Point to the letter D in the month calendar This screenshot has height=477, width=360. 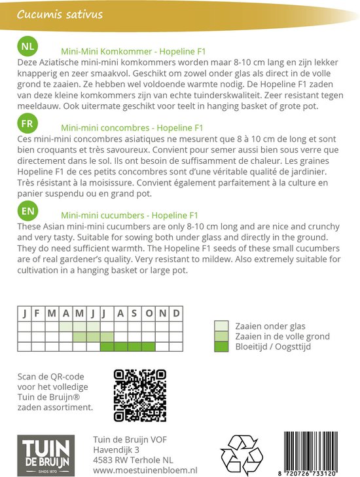(175, 313)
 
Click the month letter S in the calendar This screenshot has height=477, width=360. (134, 313)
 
